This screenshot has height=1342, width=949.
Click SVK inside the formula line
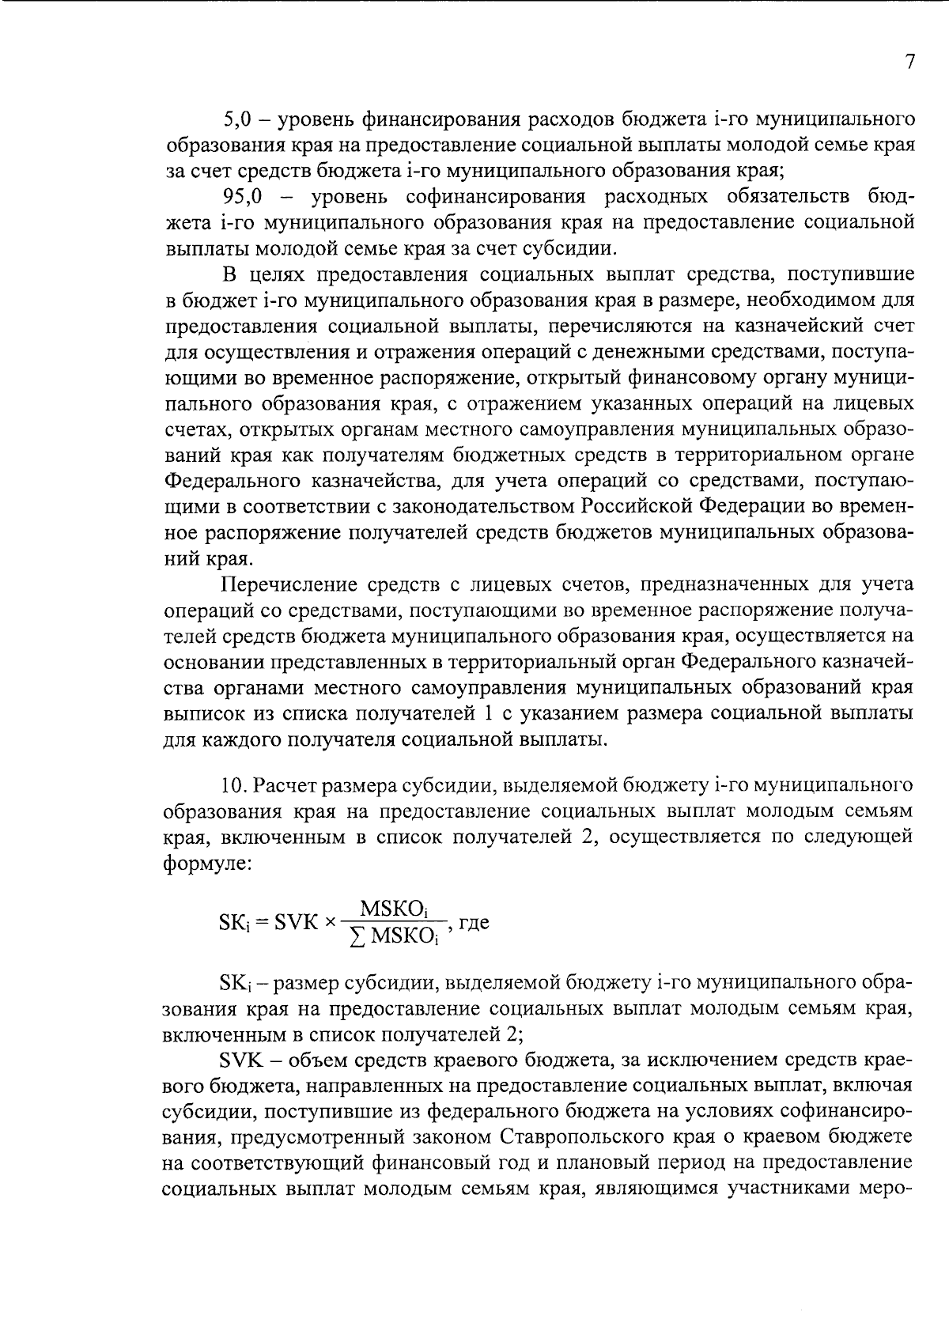pyautogui.click(x=295, y=923)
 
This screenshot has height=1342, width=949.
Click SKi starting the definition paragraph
pyautogui.click(x=233, y=983)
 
